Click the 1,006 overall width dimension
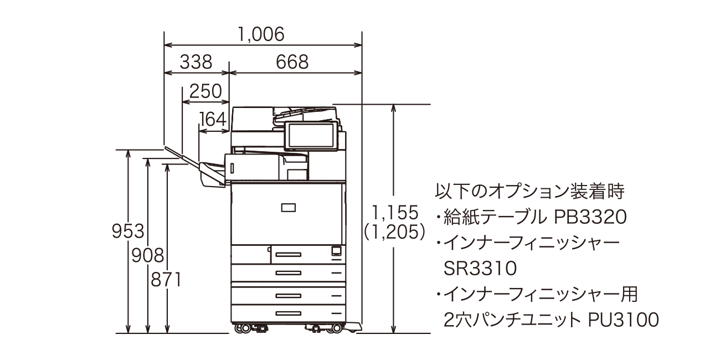261,34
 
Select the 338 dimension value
196,62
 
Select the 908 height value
148,255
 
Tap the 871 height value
167,280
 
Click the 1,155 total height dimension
394,212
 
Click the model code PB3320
590,217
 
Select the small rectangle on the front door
288,208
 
